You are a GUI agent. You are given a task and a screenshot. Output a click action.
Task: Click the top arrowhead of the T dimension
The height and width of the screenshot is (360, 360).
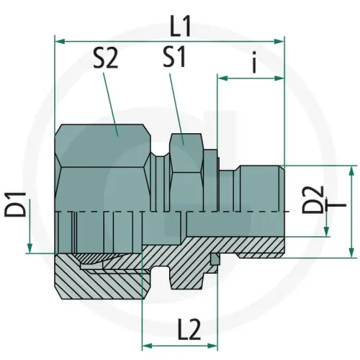[351, 170]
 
